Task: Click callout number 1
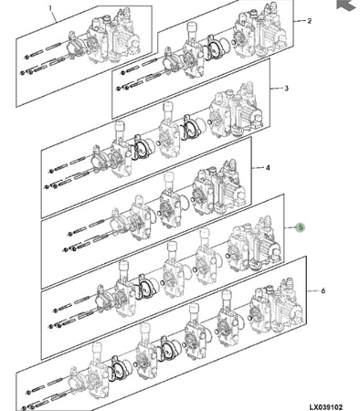50,7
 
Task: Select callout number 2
310,21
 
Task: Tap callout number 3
286,89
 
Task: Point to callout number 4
268,167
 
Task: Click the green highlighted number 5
301,227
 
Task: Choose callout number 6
323,290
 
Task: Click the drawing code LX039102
326,407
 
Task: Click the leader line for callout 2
300,21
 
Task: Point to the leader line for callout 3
276,89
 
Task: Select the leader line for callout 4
258,168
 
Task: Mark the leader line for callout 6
312,291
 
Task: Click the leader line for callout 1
54,16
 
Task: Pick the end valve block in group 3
236,110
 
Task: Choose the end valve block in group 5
255,244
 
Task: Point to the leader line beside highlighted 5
291,227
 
